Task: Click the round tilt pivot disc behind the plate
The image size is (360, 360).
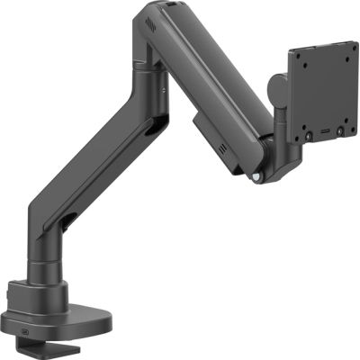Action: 277,91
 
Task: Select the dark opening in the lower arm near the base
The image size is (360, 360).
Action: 68,220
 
